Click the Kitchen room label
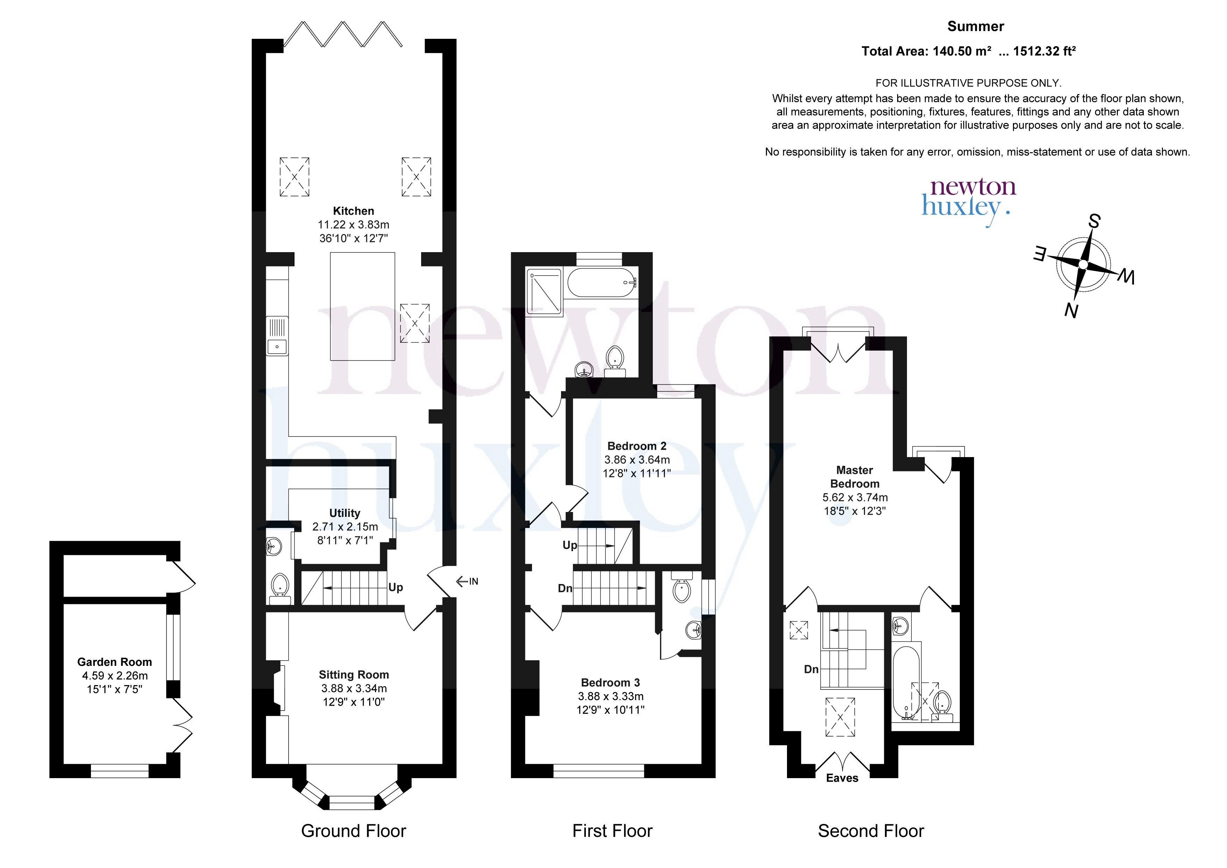[353, 211]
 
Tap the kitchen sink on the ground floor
[277, 336]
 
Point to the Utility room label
[345, 513]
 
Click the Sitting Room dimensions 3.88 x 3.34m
[354, 688]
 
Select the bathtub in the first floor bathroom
[602, 282]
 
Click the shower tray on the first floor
[544, 292]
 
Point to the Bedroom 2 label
[637, 446]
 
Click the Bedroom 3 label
[610, 683]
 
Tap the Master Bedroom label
[854, 477]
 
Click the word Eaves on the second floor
[842, 778]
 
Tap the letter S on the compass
[1094, 221]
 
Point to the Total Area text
[969, 51]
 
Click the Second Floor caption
[871, 831]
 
